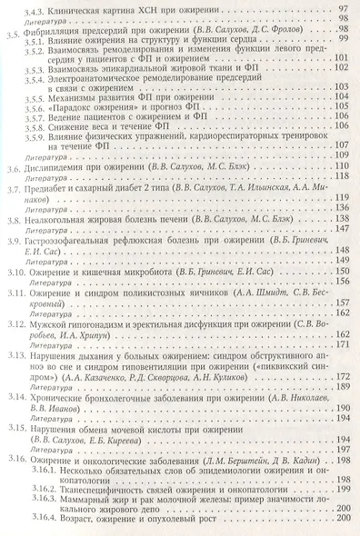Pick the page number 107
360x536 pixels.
pos(344,171)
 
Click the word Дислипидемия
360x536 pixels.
pos(61,194)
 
